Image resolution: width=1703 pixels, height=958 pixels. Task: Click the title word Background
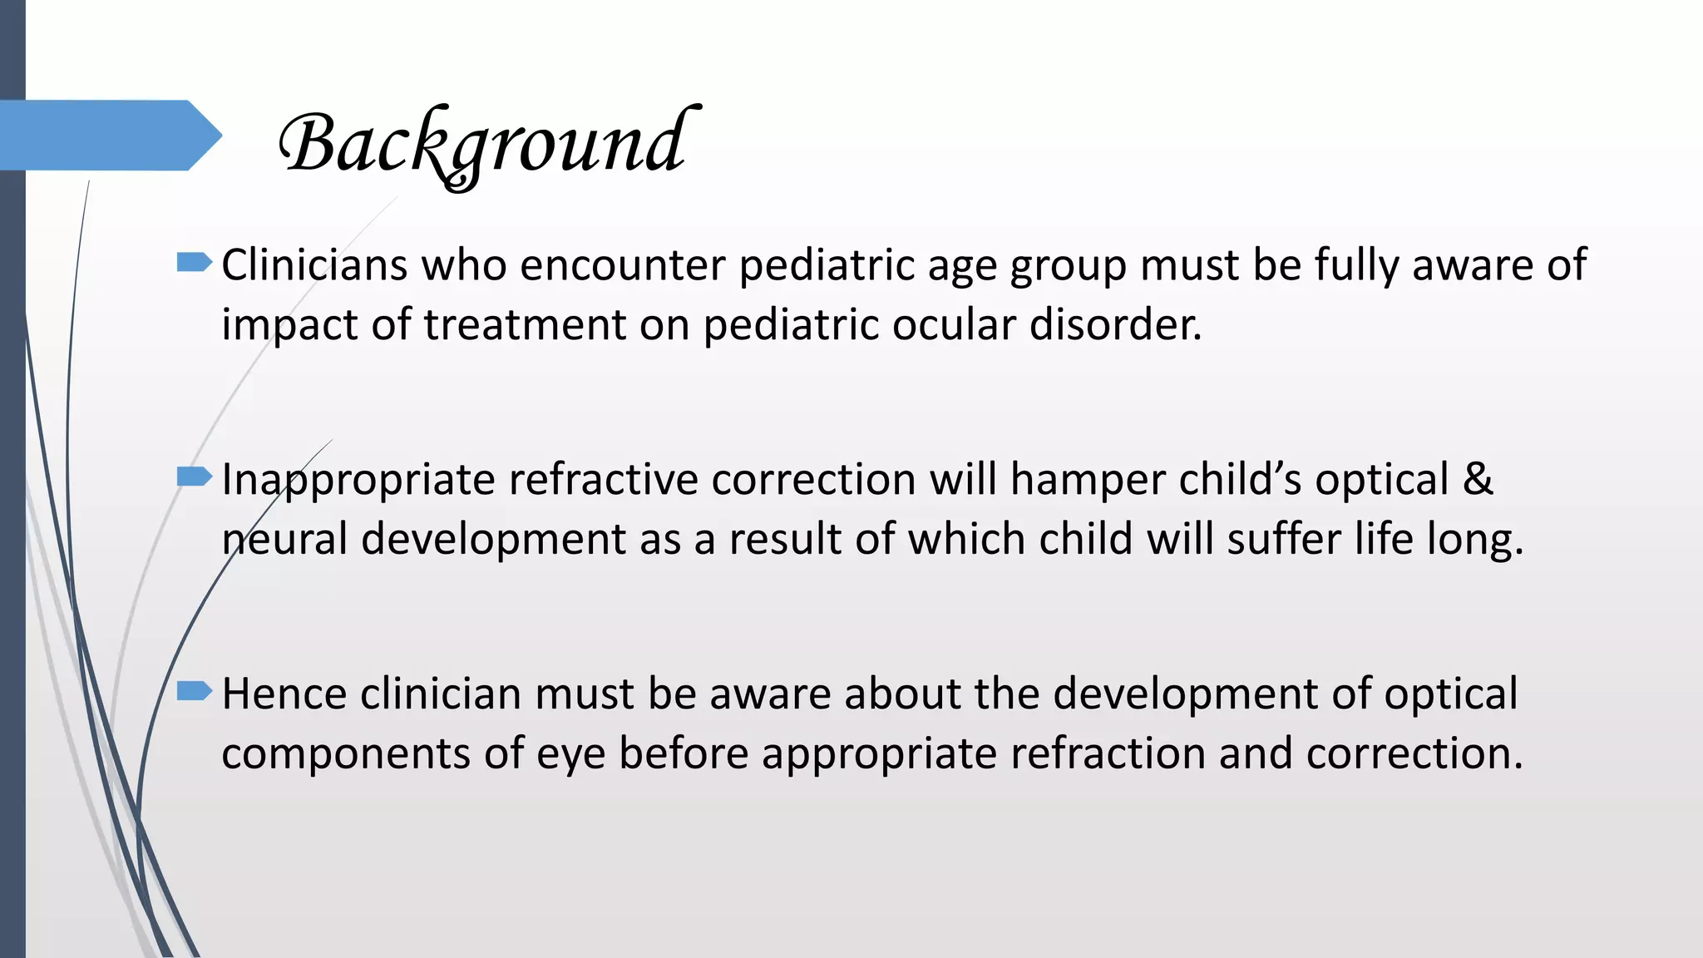[x=486, y=144]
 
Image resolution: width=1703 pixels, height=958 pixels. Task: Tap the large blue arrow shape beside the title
[x=108, y=135]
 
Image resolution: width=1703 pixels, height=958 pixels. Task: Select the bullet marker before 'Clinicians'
[x=195, y=264]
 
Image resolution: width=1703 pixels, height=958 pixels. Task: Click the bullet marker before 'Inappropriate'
[x=195, y=477]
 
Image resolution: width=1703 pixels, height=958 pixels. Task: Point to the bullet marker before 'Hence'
[x=195, y=691]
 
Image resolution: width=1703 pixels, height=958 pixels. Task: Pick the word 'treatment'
[x=525, y=324]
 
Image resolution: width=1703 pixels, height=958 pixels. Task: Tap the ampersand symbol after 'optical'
[x=1477, y=480]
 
